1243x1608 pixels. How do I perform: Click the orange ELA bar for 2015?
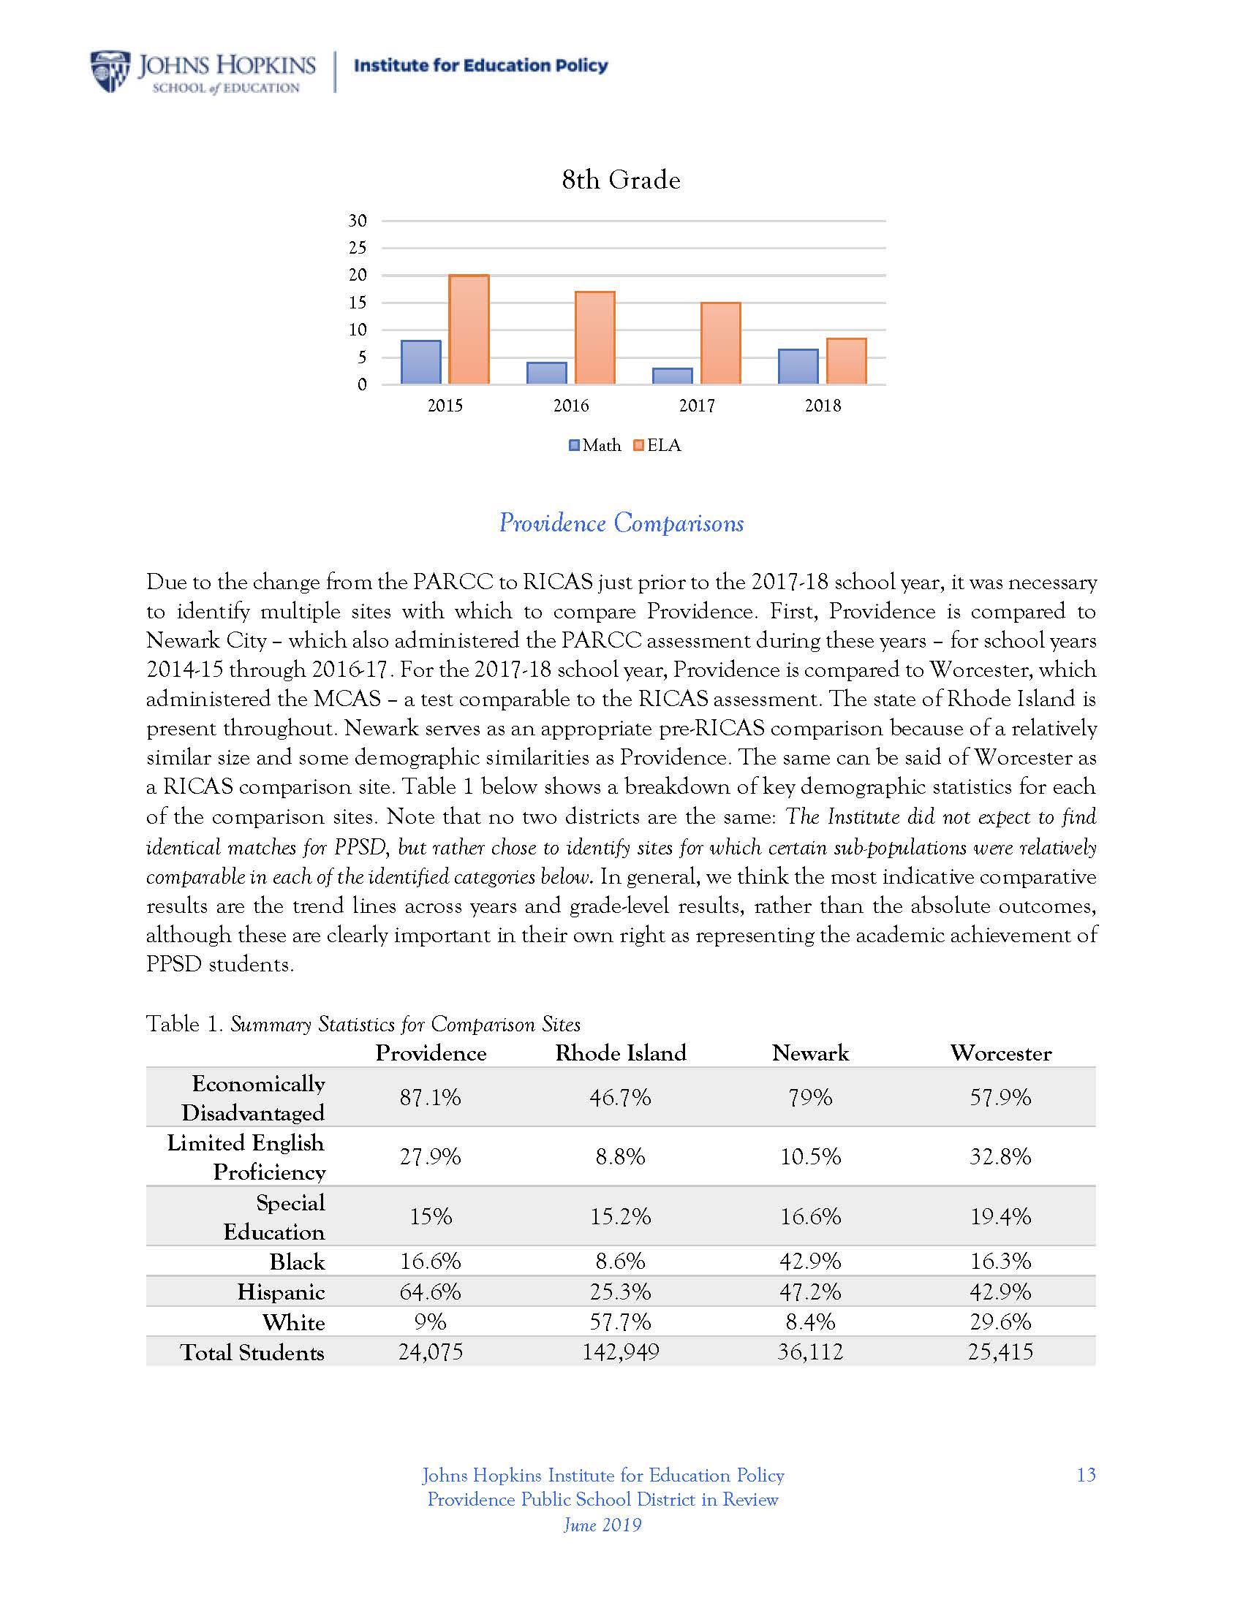469,329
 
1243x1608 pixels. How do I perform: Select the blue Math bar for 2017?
672,376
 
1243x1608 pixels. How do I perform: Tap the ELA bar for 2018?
846,361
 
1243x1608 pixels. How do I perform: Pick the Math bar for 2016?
547,373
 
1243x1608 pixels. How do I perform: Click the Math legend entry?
595,445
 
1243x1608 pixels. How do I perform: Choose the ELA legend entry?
657,445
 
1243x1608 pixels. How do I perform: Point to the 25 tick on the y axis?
358,248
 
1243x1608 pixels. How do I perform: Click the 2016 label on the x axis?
572,406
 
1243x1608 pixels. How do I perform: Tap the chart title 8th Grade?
621,180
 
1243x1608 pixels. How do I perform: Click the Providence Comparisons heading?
621,523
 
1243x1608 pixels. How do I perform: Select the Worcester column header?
1001,1053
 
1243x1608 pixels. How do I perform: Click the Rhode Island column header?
621,1053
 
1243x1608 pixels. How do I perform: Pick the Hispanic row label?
281,1292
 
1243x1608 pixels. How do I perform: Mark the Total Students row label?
252,1352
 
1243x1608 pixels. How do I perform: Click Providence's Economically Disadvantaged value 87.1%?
430,1098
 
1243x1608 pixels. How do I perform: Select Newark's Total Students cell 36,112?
810,1351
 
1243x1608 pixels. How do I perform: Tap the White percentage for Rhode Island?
621,1321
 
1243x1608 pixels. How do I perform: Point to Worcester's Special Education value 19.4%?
1001,1216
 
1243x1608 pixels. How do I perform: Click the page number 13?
1086,1475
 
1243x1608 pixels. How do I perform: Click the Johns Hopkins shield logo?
110,71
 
